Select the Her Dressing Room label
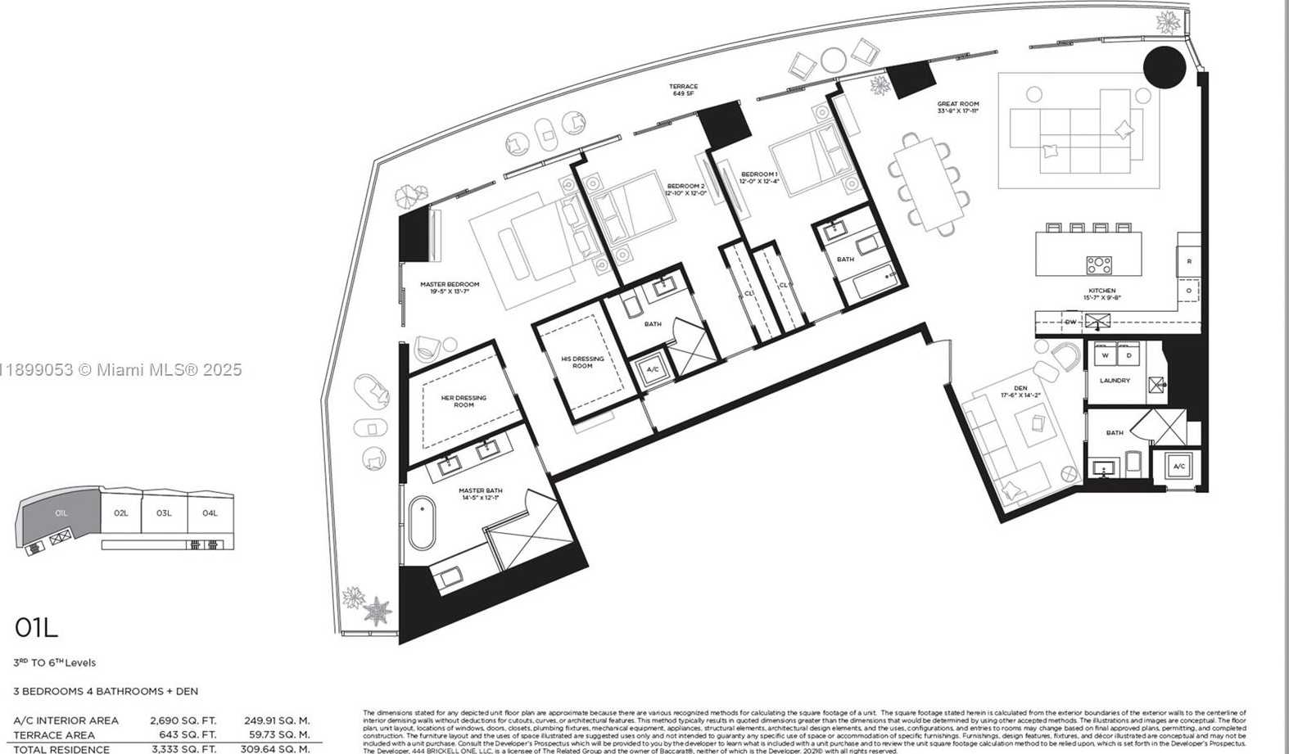click(464, 401)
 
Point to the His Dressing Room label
click(582, 362)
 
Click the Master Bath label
click(481, 494)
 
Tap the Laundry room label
click(1115, 381)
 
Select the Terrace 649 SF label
click(683, 89)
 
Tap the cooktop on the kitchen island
click(1098, 264)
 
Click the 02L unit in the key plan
click(121, 513)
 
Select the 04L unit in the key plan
click(210, 513)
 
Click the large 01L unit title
click(36, 628)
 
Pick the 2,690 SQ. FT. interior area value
click(183, 720)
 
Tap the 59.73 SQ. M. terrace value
click(277, 735)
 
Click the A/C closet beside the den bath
click(1178, 467)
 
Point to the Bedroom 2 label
click(685, 189)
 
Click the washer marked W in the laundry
click(1105, 355)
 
